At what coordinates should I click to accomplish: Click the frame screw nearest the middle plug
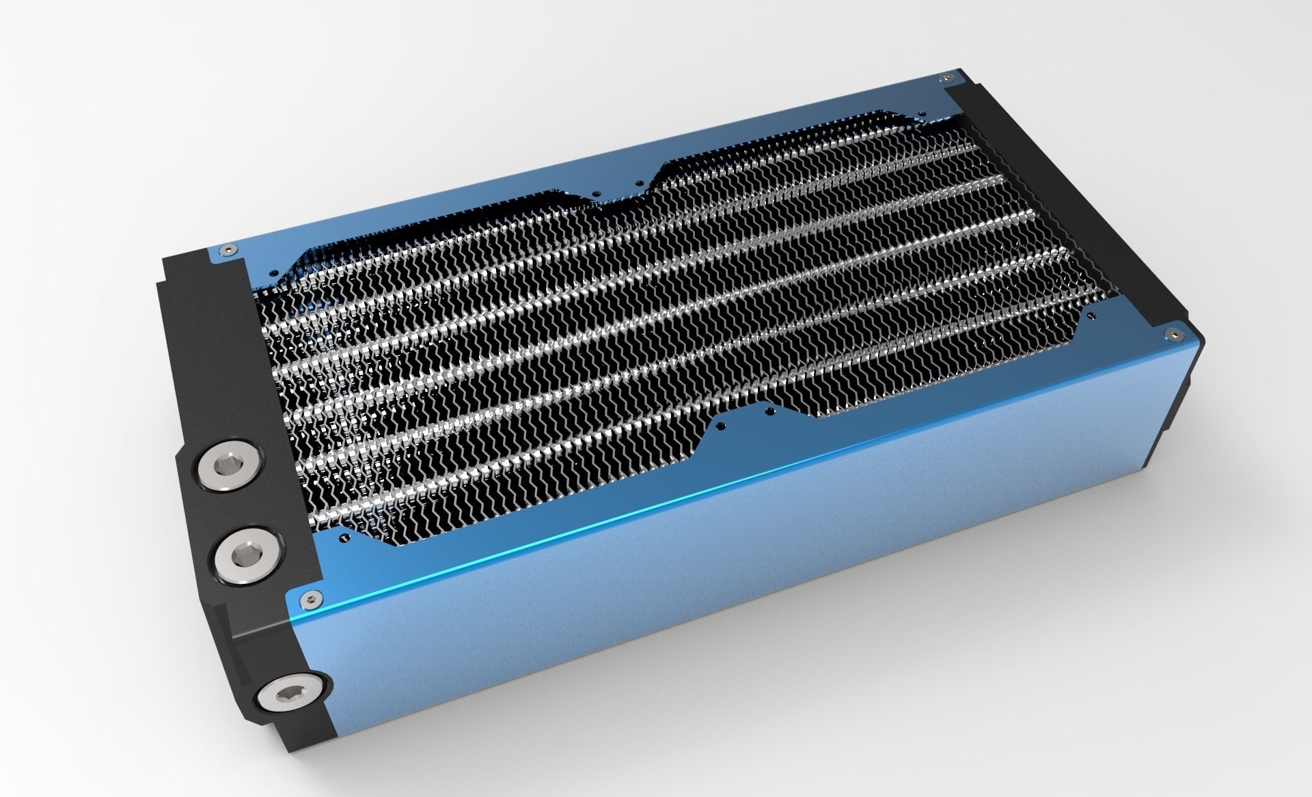click(x=312, y=600)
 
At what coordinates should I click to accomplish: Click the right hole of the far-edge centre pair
click(x=638, y=182)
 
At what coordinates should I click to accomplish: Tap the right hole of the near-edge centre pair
click(x=770, y=411)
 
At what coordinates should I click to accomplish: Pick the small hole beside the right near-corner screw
click(x=1091, y=316)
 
